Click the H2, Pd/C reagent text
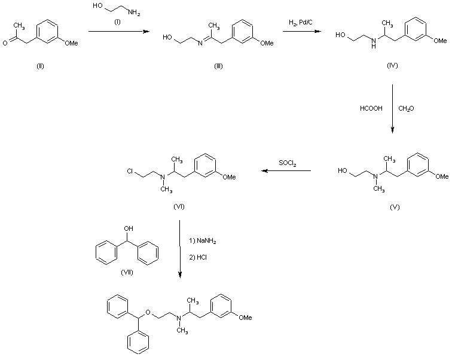[x=301, y=22]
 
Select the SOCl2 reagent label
[x=288, y=162]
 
